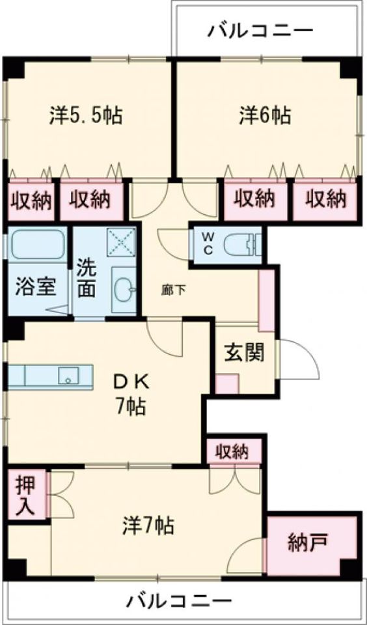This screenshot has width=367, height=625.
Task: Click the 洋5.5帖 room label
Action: (x=86, y=116)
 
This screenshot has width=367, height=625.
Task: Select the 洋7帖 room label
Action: (x=148, y=524)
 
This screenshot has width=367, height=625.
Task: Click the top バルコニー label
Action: (x=260, y=30)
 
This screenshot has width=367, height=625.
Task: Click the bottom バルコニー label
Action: (x=179, y=599)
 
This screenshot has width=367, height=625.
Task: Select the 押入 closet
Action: (x=27, y=496)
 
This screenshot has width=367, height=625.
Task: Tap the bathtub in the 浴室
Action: (x=36, y=245)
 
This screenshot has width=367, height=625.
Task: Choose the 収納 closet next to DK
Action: (x=234, y=451)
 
